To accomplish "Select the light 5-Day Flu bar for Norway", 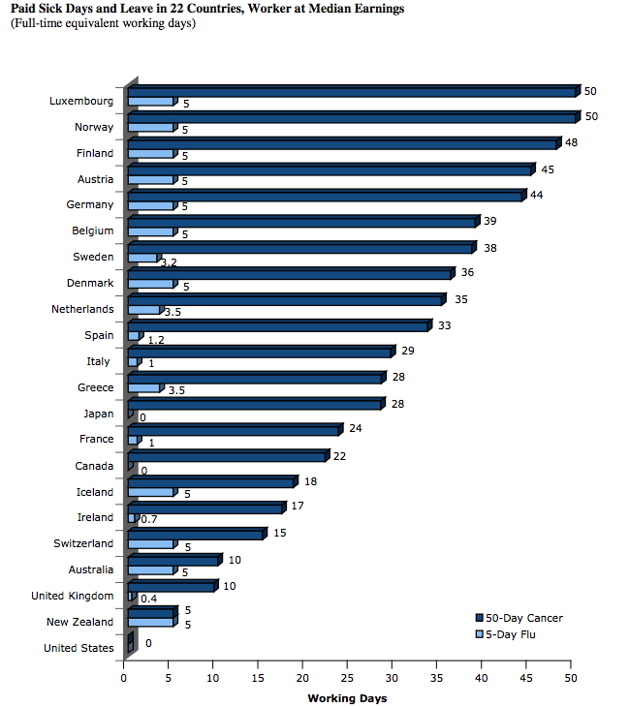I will click(x=150, y=128).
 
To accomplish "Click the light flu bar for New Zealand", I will click(x=150, y=623).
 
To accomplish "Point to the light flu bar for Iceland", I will click(x=150, y=493).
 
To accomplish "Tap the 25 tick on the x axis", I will click(x=348, y=677).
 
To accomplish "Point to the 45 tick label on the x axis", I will click(x=526, y=677).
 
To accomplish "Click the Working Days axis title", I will click(x=347, y=697).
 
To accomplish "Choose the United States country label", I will click(x=79, y=648).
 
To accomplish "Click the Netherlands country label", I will click(x=82, y=310).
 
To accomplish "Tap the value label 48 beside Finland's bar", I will click(x=572, y=141).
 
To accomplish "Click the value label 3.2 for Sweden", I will click(x=168, y=262).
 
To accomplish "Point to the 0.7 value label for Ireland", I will click(x=149, y=520).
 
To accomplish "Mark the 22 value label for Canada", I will click(x=338, y=454).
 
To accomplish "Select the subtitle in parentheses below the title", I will click(x=103, y=22).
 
